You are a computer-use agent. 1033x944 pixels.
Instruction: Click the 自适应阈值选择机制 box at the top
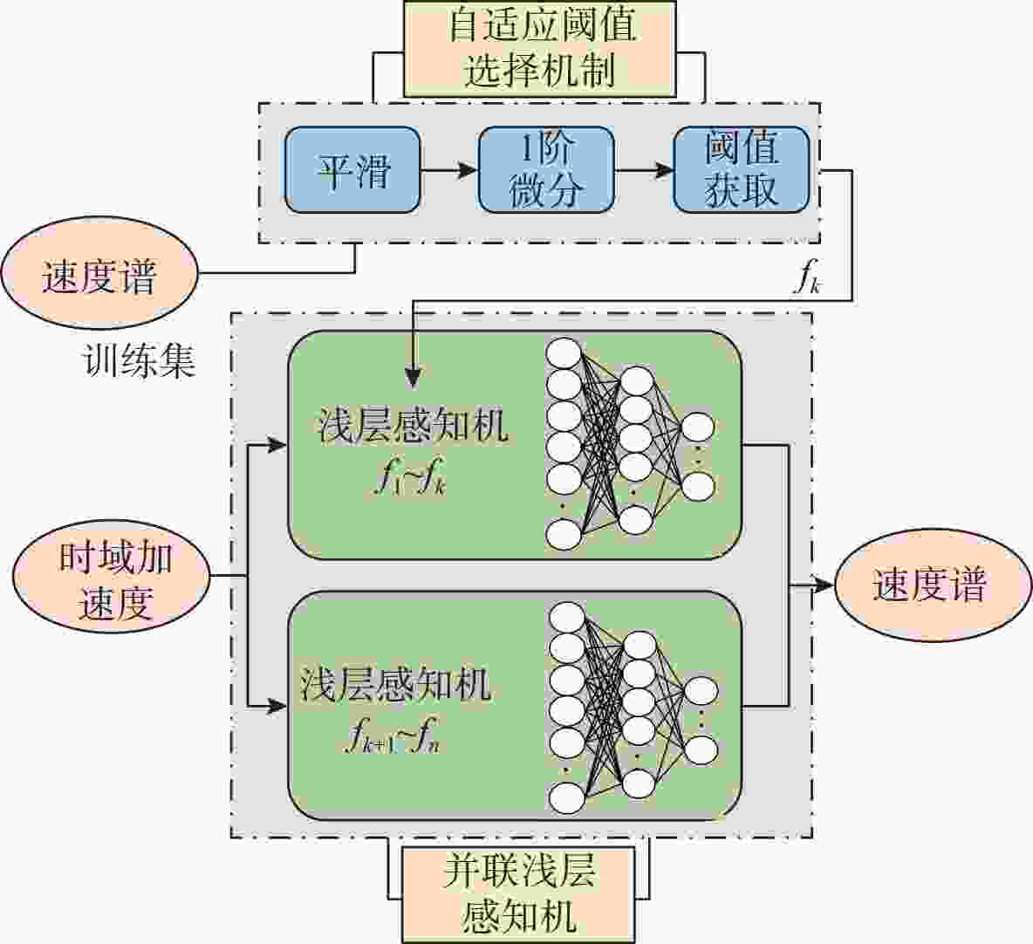(x=539, y=48)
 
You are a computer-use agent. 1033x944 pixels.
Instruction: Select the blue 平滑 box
(x=352, y=170)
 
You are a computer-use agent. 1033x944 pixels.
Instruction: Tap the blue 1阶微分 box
(x=546, y=170)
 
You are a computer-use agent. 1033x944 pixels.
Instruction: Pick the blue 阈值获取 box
(x=741, y=170)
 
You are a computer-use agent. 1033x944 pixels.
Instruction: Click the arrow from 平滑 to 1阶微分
(x=449, y=170)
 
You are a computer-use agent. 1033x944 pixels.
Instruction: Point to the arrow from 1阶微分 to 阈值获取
(x=644, y=170)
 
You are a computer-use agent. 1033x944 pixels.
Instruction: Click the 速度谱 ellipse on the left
(x=99, y=274)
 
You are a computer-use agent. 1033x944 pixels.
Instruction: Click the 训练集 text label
(x=139, y=361)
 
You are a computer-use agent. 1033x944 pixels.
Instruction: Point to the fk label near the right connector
(x=808, y=277)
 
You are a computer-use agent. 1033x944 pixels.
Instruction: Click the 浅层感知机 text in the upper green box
(x=413, y=427)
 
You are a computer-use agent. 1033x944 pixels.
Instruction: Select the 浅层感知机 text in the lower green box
(x=395, y=684)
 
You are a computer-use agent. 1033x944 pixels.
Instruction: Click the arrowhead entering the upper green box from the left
(x=277, y=446)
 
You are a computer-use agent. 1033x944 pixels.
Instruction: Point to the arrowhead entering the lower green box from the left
(x=277, y=707)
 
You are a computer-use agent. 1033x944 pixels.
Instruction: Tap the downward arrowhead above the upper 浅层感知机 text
(x=413, y=376)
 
